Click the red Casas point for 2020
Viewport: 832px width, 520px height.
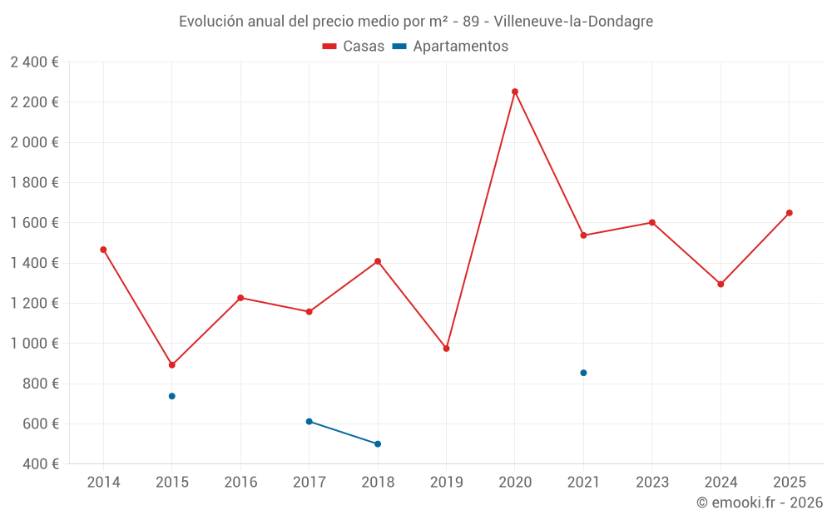coord(515,92)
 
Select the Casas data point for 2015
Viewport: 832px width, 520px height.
coord(172,365)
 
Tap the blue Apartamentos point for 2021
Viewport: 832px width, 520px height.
coord(583,373)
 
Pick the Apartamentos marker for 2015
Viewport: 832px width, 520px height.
coord(172,396)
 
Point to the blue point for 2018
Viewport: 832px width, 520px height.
coord(378,444)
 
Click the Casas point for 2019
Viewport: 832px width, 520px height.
coord(446,349)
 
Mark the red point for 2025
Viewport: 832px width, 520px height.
coord(789,213)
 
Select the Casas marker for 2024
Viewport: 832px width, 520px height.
coord(721,285)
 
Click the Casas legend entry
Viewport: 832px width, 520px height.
coord(354,47)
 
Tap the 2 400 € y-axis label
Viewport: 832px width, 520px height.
coord(34,62)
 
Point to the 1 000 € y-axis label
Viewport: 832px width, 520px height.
coord(34,344)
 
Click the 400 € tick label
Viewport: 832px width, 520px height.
coord(40,464)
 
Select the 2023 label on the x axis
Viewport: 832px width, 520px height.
coord(652,483)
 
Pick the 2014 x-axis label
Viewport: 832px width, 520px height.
coord(103,483)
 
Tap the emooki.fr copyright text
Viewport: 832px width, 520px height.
coord(760,503)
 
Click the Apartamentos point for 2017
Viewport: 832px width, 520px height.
coord(309,422)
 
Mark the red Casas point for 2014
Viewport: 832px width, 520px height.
coord(103,250)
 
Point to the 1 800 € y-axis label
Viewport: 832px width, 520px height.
coord(34,183)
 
